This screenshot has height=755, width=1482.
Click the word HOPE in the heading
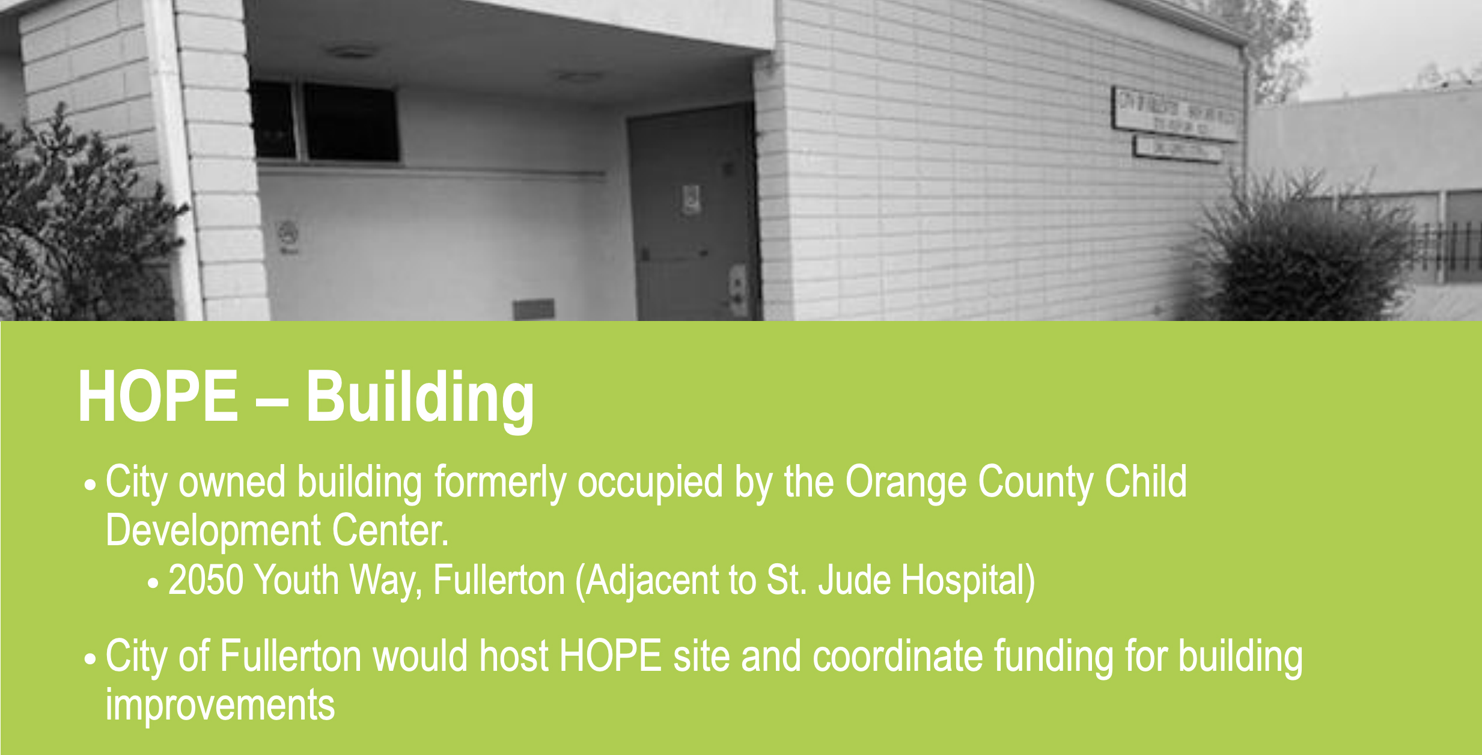coord(158,397)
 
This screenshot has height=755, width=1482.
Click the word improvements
coord(220,705)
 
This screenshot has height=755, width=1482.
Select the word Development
coord(213,531)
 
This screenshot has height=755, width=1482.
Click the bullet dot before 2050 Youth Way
coord(153,583)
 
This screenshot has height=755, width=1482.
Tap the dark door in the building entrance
coord(691,216)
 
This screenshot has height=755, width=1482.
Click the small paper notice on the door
coord(691,200)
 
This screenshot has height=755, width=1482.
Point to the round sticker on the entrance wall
coord(288,232)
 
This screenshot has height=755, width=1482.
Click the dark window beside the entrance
coord(349,123)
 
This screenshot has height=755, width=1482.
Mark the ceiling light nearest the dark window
coord(352,52)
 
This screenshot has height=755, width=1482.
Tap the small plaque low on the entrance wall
coord(533,309)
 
